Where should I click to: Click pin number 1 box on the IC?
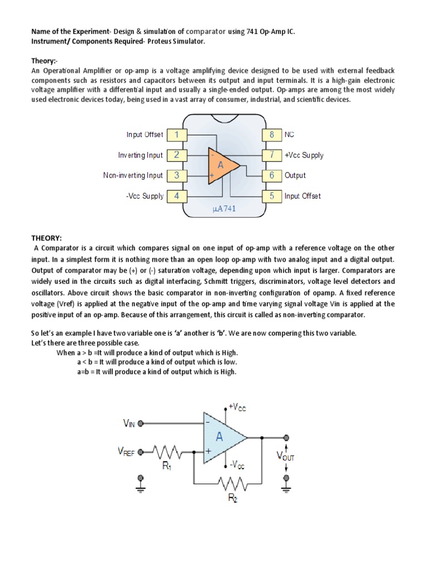pyautogui.click(x=176, y=134)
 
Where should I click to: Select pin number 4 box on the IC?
pyautogui.click(x=176, y=196)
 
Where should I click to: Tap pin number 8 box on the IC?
pyautogui.click(x=272, y=134)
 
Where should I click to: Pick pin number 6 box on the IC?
pyautogui.click(x=272, y=175)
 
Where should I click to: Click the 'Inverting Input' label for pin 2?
pyautogui.click(x=141, y=155)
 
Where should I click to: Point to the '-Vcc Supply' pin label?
pyautogui.click(x=145, y=196)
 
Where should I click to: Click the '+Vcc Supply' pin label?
pyautogui.click(x=304, y=155)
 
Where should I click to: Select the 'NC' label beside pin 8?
pyautogui.click(x=289, y=134)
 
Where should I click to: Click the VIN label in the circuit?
pyautogui.click(x=129, y=424)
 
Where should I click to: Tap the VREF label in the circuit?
pyautogui.click(x=125, y=453)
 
